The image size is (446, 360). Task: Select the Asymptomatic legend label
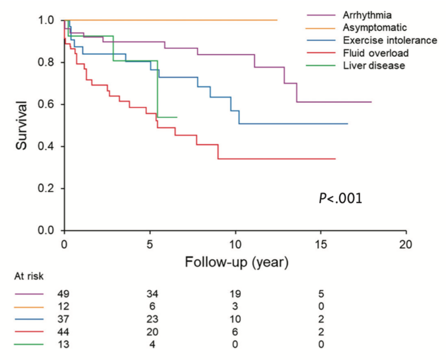(366, 27)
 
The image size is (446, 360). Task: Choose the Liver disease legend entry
(368, 65)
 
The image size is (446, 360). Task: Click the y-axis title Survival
(22, 125)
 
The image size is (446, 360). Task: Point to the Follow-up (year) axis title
(235, 263)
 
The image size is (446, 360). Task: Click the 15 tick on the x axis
(321, 245)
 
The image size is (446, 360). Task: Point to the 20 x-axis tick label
(406, 245)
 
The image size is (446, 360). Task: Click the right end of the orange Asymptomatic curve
(277, 20)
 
